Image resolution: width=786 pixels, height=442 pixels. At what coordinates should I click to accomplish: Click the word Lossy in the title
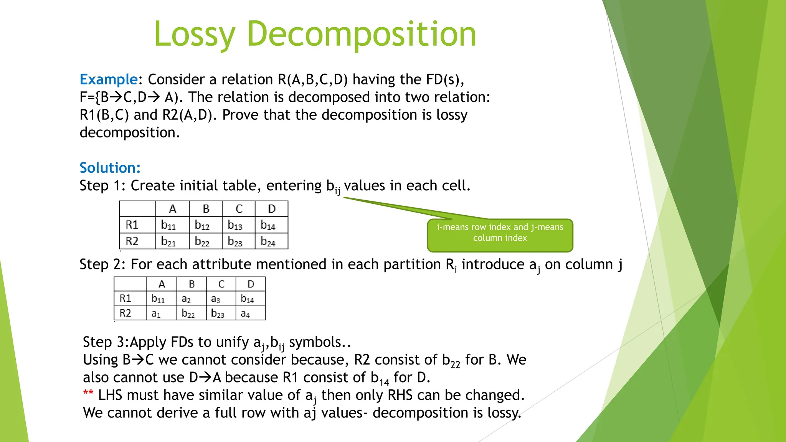pos(194,35)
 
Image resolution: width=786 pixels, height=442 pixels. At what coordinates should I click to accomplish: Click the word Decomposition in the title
pos(361,35)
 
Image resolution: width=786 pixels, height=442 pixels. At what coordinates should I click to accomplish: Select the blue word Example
pos(108,79)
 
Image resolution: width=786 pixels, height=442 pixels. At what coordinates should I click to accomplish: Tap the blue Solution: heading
pos(110,168)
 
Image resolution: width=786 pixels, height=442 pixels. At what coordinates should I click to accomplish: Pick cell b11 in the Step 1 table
pos(168,225)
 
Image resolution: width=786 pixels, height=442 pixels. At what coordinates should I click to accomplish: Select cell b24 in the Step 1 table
pos(268,241)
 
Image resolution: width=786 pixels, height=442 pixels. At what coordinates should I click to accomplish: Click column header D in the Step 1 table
pos(271,209)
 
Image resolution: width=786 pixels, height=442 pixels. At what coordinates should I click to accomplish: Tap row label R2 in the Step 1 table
pos(132,241)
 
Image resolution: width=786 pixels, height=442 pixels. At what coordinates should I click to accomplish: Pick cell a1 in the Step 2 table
pos(156,313)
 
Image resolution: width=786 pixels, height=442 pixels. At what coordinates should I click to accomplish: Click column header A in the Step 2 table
pos(162,284)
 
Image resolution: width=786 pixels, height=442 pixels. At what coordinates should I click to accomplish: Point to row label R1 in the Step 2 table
pos(125,299)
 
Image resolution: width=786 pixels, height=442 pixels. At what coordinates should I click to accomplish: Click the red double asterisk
pos(88,393)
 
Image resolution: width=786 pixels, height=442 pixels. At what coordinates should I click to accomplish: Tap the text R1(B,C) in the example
pos(104,115)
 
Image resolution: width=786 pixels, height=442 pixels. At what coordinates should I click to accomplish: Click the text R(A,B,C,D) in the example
pos(312,79)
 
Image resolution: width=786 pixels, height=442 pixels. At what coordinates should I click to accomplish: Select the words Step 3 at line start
pos(103,342)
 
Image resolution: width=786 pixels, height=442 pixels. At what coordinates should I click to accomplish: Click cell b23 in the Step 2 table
pos(218,313)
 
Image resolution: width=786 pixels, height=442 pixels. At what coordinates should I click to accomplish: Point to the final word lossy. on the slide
pos(504,413)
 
